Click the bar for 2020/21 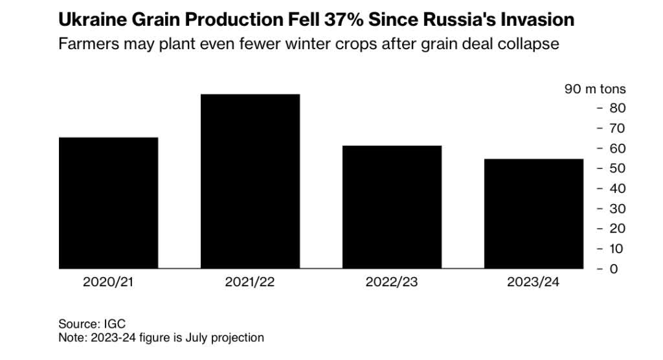pos(108,203)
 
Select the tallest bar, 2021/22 pos(250,181)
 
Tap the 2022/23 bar pos(392,207)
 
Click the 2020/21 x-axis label pos(108,283)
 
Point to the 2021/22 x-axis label pos(250,283)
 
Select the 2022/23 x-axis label pos(392,283)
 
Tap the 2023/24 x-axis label pos(534,283)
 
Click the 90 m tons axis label pos(595,89)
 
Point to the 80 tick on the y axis pos(618,107)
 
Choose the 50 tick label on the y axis pos(618,168)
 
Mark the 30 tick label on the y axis pos(618,208)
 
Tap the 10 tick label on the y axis pos(618,249)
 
